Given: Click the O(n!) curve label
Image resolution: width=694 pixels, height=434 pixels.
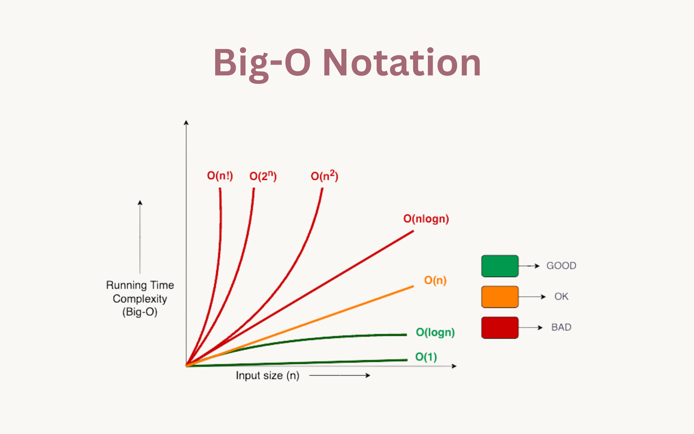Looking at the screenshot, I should click(x=220, y=176).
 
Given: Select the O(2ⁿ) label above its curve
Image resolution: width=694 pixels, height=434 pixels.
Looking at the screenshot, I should click(x=263, y=176).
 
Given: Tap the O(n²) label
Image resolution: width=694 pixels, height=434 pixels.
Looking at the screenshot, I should click(x=324, y=176).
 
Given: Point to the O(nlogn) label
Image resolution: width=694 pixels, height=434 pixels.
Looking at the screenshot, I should click(x=426, y=219).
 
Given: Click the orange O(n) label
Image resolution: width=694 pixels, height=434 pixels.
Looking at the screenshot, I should click(x=435, y=280).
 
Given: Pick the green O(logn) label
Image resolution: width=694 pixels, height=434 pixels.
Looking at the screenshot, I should click(x=435, y=332).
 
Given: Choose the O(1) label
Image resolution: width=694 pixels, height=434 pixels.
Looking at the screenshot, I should click(x=426, y=357).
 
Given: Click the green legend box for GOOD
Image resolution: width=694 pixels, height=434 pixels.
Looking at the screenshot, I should click(x=500, y=266).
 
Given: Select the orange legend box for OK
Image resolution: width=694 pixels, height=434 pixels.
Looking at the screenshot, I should click(x=500, y=297).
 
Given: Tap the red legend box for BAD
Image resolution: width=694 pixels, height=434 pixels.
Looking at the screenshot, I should click(x=500, y=328).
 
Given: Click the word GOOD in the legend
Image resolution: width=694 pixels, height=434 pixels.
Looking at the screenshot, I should click(x=561, y=266).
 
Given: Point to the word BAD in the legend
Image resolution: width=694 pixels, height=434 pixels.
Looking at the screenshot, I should click(x=561, y=327).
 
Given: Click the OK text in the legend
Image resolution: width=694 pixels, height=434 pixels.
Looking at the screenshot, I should click(x=561, y=297).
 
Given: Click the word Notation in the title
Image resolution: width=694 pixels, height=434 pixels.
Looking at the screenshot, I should click(x=402, y=63).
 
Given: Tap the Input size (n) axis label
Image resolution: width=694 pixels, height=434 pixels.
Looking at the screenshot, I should click(x=267, y=376).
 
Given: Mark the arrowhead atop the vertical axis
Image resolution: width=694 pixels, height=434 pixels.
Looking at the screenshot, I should click(x=186, y=123).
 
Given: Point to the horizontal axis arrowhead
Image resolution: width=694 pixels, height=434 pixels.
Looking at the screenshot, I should click(x=454, y=366).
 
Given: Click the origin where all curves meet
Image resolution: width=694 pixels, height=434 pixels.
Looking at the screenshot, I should click(x=187, y=366).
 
